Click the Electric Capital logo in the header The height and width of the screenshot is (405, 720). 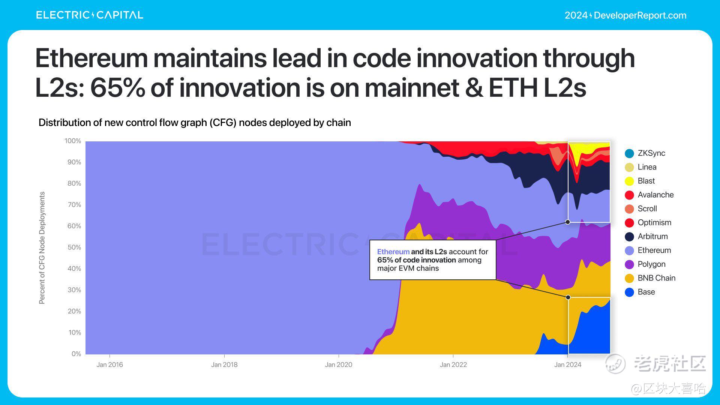click(90, 15)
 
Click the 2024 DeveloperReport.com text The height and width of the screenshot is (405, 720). click(625, 15)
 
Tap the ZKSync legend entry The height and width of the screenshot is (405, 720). click(650, 153)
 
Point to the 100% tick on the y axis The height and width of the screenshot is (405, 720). click(73, 141)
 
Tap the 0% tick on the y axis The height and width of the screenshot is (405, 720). click(76, 354)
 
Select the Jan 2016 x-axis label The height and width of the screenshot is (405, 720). click(109, 364)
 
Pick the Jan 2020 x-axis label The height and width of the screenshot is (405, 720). click(339, 364)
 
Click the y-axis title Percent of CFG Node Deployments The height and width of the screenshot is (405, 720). click(42, 248)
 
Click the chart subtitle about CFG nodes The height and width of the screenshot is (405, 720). click(195, 123)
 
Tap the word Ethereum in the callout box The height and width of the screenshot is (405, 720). click(393, 252)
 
